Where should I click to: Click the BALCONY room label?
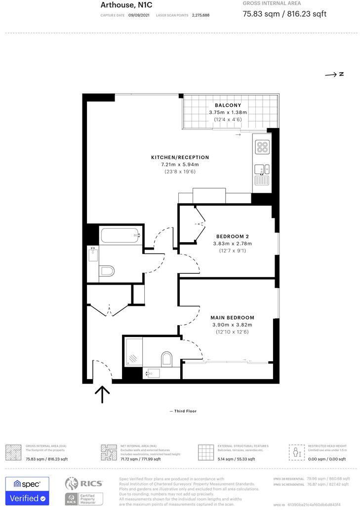[228, 105]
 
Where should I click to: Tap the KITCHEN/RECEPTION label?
[180, 157]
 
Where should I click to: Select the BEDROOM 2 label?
[232, 236]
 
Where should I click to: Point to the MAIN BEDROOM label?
[232, 317]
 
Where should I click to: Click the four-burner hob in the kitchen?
[262, 147]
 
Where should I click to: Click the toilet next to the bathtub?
[107, 271]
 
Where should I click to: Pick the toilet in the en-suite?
[166, 357]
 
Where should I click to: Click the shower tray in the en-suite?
[133, 351]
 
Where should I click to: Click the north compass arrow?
[334, 75]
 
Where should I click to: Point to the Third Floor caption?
[183, 411]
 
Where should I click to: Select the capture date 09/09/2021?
[138, 15]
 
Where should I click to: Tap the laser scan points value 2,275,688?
[200, 15]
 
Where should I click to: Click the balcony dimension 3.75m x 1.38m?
[228, 113]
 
